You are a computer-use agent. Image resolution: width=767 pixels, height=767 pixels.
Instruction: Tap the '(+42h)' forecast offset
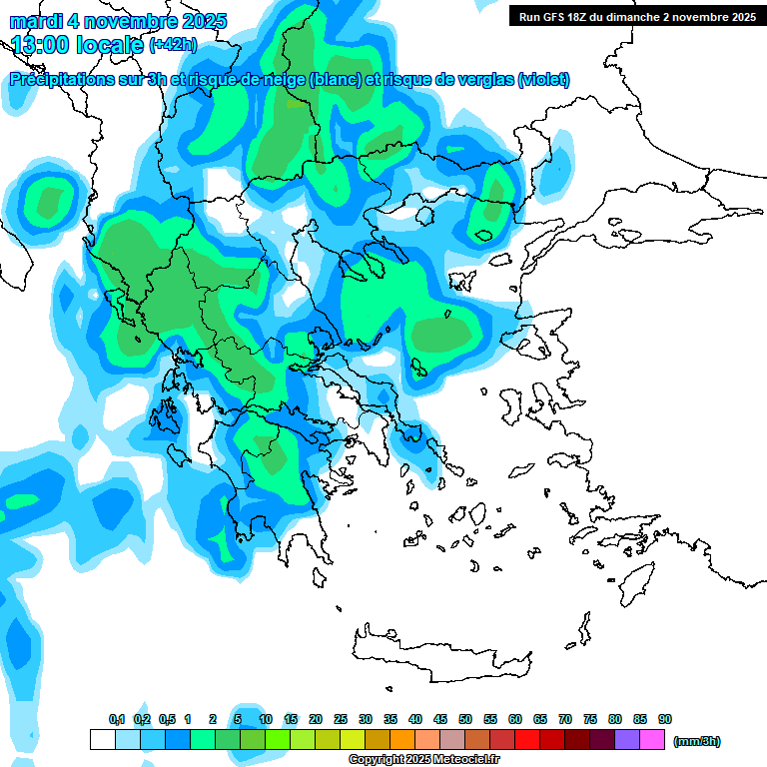[173, 45]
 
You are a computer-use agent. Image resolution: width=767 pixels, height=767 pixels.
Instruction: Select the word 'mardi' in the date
[36, 21]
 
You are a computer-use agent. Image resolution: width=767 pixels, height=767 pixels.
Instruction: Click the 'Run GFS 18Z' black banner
[635, 16]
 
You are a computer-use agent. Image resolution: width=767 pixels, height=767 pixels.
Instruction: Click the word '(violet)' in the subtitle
[543, 80]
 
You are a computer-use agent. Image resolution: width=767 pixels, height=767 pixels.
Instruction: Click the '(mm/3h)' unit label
[696, 741]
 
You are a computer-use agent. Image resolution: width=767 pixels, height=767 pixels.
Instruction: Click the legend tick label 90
[665, 720]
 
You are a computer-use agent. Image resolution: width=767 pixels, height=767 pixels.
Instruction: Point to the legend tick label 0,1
[117, 720]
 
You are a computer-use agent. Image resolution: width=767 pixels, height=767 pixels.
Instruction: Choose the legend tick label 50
[465, 720]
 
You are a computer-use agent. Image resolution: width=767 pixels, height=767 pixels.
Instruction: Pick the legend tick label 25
[341, 720]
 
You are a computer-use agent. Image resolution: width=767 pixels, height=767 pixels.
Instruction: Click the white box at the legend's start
[102, 740]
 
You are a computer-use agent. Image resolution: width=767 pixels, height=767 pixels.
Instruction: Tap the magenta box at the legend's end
[652, 740]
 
